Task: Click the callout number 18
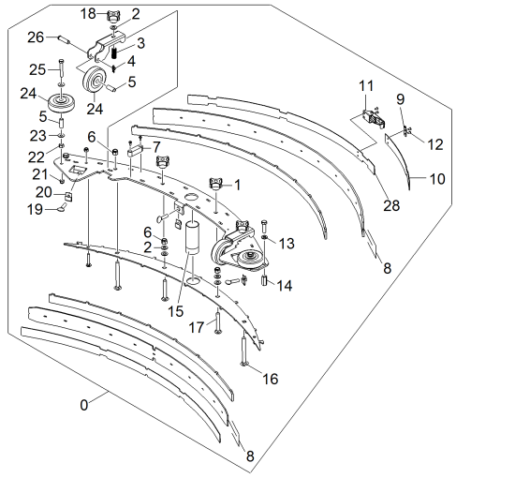pyautogui.click(x=88, y=14)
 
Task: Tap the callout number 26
pyautogui.click(x=36, y=37)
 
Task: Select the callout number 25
pyautogui.click(x=37, y=69)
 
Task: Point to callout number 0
pyautogui.click(x=84, y=405)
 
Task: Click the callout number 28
pyautogui.click(x=391, y=205)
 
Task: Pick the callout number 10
pyautogui.click(x=437, y=179)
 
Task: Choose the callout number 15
pyautogui.click(x=175, y=311)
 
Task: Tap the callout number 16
pyautogui.click(x=271, y=379)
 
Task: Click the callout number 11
pyautogui.click(x=366, y=86)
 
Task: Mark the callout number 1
pyautogui.click(x=237, y=185)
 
